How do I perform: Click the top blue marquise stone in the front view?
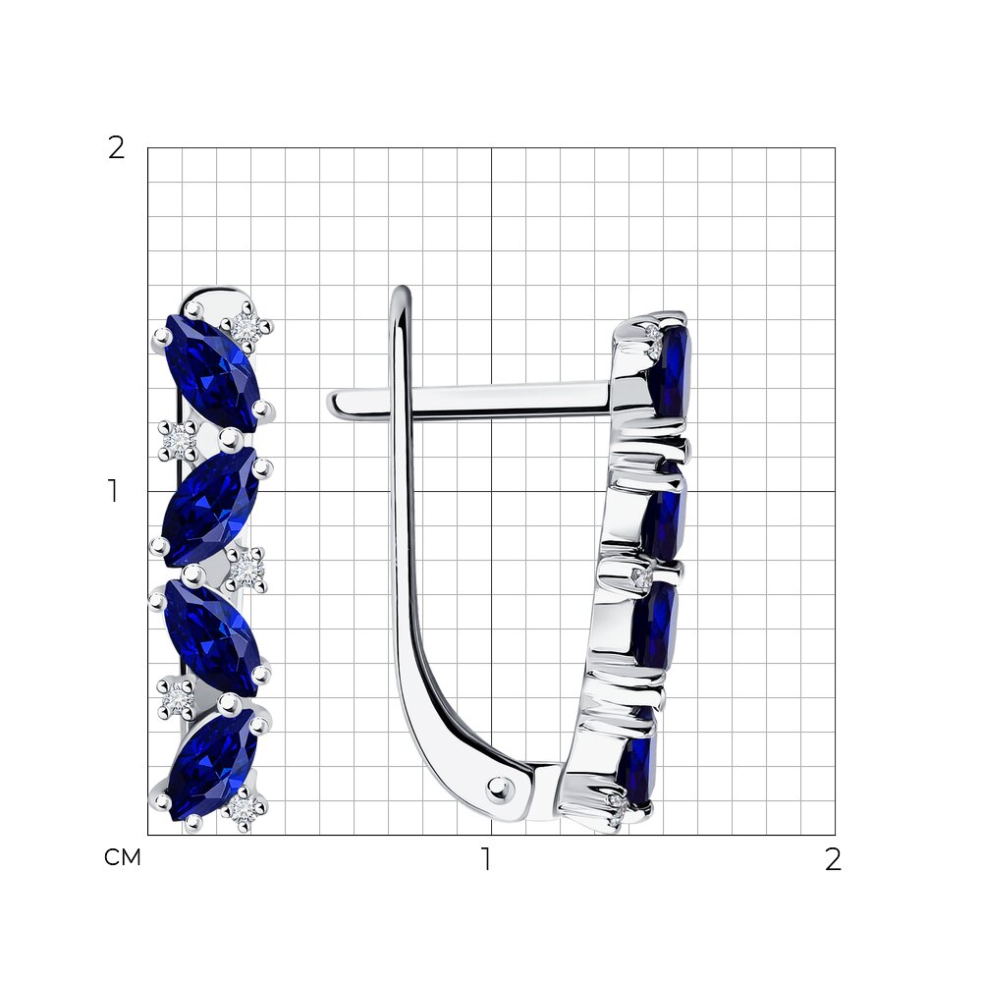(212, 372)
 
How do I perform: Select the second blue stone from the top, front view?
(210, 498)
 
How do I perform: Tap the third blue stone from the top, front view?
(212, 637)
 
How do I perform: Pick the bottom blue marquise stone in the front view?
(212, 764)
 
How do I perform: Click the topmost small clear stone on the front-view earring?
(246, 326)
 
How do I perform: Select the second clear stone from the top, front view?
(178, 440)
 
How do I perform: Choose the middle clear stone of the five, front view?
(247, 569)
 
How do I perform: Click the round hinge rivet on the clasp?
(500, 787)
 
